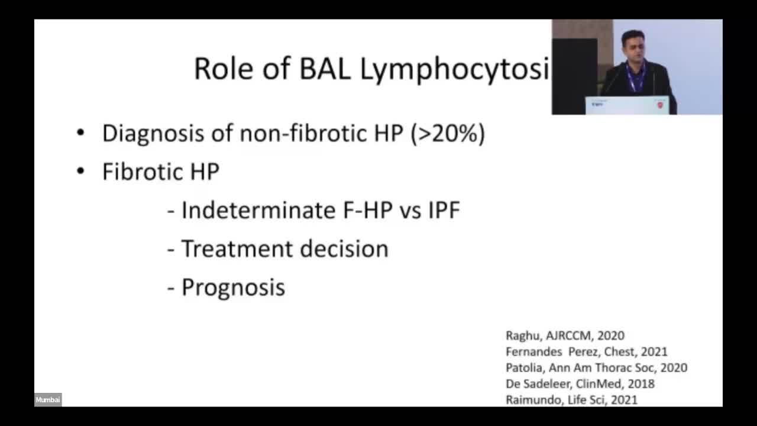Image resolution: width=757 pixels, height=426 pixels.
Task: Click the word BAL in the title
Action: tap(325, 69)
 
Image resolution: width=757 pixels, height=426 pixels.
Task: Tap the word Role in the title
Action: tap(224, 69)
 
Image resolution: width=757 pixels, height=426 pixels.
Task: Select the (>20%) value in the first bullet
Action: tap(448, 134)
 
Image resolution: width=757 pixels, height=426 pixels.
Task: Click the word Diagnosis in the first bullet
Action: tap(153, 134)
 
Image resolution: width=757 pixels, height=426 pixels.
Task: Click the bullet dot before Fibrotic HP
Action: tap(80, 171)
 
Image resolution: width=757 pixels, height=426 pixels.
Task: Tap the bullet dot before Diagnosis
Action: tap(80, 133)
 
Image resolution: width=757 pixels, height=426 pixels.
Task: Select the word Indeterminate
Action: tap(259, 210)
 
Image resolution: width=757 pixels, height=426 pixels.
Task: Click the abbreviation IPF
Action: tap(444, 210)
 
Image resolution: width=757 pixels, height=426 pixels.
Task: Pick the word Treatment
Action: tap(237, 249)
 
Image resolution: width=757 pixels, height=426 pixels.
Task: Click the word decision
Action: tap(344, 249)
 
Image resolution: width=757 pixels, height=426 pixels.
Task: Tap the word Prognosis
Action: tap(233, 288)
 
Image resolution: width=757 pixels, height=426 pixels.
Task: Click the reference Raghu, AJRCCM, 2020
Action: tap(565, 335)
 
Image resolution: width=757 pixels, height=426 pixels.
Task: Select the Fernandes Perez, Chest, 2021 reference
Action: tap(587, 351)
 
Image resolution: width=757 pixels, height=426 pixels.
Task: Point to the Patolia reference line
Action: tap(597, 367)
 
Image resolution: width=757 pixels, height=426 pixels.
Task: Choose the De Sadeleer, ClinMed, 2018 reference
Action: tap(580, 384)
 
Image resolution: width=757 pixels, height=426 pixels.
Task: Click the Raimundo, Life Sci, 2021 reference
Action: tap(571, 400)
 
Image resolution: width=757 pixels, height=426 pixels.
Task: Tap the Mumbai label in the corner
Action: tap(48, 399)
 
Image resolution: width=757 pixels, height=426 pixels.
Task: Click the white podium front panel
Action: tap(627, 105)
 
